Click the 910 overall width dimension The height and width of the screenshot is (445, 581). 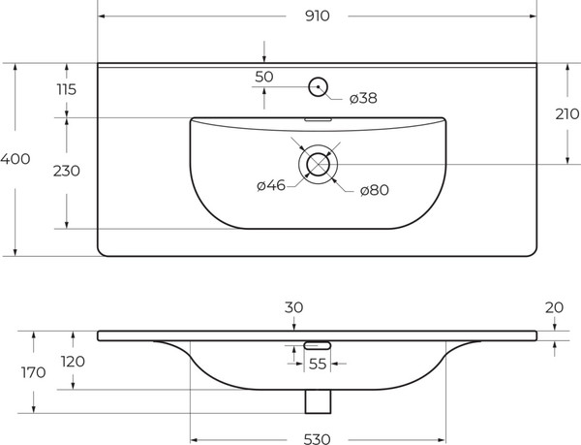(x=317, y=16)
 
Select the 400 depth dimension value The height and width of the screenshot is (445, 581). (x=14, y=159)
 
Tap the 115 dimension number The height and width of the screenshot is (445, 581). (x=66, y=89)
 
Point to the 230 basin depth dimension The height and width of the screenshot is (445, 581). (x=66, y=171)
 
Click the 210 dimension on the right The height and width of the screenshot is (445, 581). (x=567, y=113)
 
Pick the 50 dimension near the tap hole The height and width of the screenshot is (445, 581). (x=264, y=77)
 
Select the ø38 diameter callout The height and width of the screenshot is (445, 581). (x=362, y=98)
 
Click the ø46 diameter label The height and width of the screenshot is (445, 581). (x=270, y=186)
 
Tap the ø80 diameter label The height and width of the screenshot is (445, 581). (x=374, y=190)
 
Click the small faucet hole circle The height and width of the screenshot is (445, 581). (x=318, y=87)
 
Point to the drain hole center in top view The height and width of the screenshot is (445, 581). (x=318, y=164)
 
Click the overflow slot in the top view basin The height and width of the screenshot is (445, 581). (x=318, y=120)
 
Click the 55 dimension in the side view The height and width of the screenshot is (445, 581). (x=318, y=365)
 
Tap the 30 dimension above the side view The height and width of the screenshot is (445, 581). (x=294, y=307)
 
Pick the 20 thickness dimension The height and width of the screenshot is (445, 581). (x=554, y=307)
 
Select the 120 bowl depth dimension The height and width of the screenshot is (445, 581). (x=73, y=362)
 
